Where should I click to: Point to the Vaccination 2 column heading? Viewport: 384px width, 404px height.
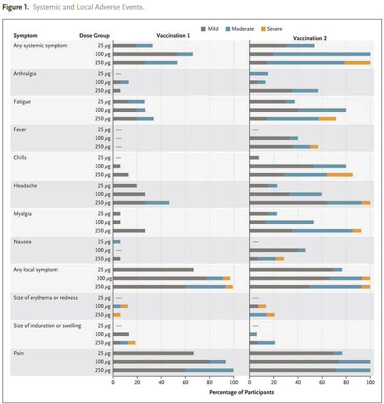[x=310, y=38]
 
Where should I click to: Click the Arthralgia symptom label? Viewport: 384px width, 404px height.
[x=26, y=74]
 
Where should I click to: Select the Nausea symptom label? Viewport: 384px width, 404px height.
[x=23, y=241]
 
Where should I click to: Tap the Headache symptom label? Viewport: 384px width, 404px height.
[x=25, y=186]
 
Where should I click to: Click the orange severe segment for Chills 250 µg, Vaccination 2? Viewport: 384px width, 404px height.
[x=339, y=174]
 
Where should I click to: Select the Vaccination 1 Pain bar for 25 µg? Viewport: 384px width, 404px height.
[x=153, y=353]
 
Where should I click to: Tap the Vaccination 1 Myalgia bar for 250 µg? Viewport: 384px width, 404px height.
[x=129, y=230]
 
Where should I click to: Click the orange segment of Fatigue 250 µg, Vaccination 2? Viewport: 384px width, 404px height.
[x=327, y=118]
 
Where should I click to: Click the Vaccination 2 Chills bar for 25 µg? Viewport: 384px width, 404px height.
[x=254, y=158]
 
